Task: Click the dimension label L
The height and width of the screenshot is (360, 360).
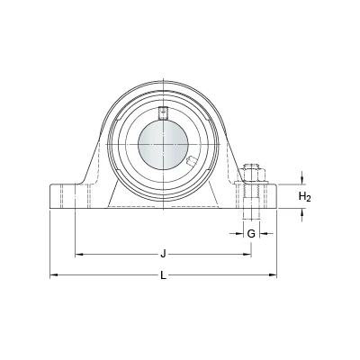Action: click(163, 275)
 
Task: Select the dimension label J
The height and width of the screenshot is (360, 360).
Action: click(163, 255)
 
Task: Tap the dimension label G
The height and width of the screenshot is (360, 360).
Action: click(251, 233)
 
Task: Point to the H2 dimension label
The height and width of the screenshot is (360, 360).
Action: click(305, 197)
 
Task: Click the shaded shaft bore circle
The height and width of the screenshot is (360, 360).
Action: click(163, 145)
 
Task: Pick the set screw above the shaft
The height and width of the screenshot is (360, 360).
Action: click(163, 112)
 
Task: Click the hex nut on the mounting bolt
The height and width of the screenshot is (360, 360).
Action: click(251, 175)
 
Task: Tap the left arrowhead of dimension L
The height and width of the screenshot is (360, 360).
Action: click(53, 274)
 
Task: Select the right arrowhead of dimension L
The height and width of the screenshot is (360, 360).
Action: click(273, 274)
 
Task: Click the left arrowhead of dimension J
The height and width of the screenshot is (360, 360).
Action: click(78, 255)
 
